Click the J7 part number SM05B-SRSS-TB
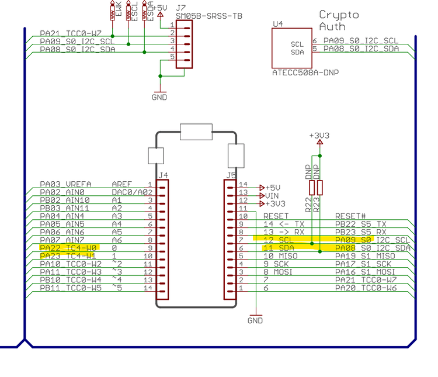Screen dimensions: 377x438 [x=208, y=16]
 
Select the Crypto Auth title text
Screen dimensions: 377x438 [x=339, y=20]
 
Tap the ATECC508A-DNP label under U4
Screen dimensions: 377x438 [x=305, y=73]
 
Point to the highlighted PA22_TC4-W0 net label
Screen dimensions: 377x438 [x=68, y=248]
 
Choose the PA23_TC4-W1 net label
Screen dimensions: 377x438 [x=68, y=256]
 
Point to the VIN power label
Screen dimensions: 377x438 [x=272, y=195]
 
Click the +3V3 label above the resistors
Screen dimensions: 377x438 [x=319, y=136]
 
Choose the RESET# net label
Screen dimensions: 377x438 [x=350, y=216]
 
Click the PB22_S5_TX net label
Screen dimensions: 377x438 [x=361, y=224]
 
